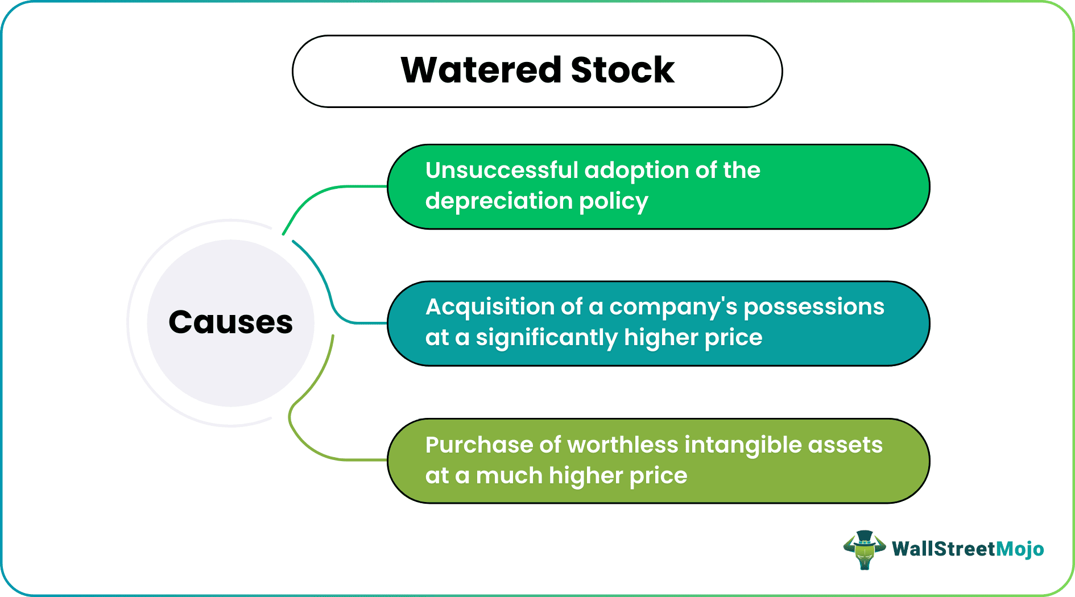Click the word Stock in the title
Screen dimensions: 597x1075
tap(622, 71)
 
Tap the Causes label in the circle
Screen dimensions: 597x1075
tap(230, 322)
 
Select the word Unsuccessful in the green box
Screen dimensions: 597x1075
tap(502, 171)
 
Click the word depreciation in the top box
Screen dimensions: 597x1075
tap(499, 201)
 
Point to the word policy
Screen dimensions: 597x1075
tap(613, 201)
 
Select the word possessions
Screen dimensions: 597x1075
tap(814, 307)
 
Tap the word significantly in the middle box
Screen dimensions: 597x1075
tap(546, 338)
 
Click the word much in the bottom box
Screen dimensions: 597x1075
tap(509, 476)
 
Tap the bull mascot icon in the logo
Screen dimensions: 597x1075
tap(864, 550)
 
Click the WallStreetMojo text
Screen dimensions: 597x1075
tap(968, 549)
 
